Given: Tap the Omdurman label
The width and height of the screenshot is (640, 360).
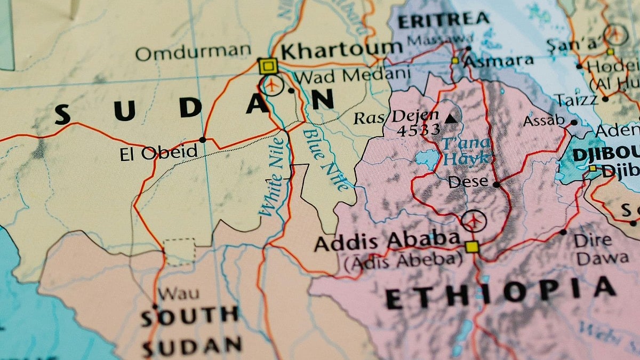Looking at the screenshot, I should pos(193,52).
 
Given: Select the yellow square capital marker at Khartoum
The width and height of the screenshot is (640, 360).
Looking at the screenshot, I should pos(268,66).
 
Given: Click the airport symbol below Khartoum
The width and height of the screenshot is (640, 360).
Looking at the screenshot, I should pos(272,85).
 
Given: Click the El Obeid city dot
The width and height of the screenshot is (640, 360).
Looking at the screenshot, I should pos(202,140).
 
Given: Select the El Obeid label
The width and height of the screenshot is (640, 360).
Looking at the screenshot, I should pos(158,153).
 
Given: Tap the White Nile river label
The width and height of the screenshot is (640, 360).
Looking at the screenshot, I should pos(273,177).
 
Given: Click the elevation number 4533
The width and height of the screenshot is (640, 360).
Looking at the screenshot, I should pos(418,130).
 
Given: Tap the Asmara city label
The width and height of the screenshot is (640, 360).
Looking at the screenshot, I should pos(499,61).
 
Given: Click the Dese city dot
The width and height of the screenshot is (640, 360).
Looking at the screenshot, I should pos(496,185).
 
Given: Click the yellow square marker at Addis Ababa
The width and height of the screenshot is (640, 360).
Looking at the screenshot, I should pos(471,247).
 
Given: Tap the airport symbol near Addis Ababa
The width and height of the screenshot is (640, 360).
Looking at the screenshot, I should pos(474,220).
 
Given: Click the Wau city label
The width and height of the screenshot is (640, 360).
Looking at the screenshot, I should pos(179,293).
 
